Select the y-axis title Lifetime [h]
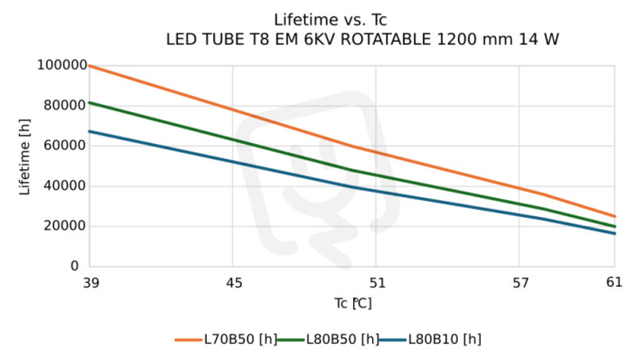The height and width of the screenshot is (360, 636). tap(25, 165)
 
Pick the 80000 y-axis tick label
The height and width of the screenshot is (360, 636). tap(63, 106)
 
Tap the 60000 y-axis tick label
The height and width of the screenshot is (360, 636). tap(63, 146)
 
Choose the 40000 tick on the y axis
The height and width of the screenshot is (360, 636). tap(63, 186)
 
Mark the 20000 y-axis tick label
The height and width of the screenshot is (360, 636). tap(63, 226)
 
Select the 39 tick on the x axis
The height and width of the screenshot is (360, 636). tap(90, 281)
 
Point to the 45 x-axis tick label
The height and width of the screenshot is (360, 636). tap(233, 281)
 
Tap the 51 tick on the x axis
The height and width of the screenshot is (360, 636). tap(376, 281)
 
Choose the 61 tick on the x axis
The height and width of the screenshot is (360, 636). tap(614, 281)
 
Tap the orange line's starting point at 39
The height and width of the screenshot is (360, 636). tap(90, 66)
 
